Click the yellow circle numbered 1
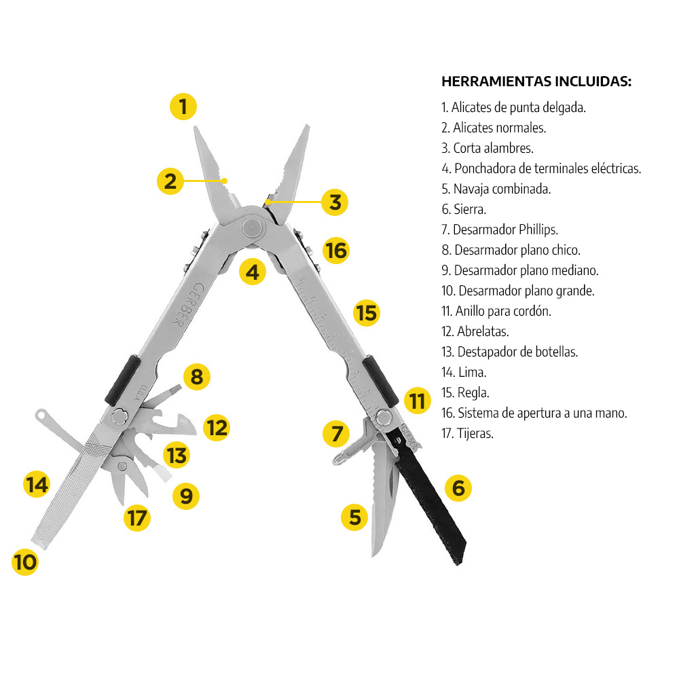click(x=183, y=107)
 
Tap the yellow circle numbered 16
click(x=335, y=251)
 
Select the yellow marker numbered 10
click(x=25, y=562)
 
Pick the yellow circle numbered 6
click(x=458, y=488)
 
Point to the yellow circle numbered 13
click(x=177, y=455)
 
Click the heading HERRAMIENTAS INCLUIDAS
click(x=536, y=81)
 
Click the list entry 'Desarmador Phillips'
click(x=499, y=230)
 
